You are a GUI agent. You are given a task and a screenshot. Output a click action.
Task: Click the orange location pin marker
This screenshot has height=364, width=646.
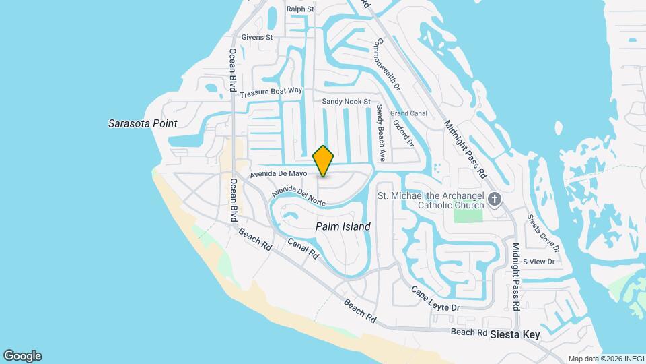point(324,160)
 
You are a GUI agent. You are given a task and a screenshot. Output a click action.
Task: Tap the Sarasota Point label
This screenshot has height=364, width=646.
point(143,123)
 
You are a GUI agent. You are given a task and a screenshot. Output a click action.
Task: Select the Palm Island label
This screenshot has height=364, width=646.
point(343,227)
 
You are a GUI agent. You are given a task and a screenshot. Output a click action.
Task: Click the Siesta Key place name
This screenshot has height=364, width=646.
point(515,334)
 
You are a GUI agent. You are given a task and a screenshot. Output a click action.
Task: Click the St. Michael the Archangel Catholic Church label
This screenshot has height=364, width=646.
point(431,200)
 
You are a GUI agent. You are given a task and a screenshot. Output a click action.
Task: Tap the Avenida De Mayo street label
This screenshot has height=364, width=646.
point(283,174)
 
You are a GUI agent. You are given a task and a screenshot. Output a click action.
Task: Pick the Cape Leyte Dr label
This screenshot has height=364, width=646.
point(435,298)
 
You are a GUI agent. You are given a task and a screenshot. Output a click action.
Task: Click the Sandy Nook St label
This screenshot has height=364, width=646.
point(346,102)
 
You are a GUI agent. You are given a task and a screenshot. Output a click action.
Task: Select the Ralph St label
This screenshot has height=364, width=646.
point(300,9)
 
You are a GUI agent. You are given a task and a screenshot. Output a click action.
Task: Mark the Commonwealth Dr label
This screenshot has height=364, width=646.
point(387,64)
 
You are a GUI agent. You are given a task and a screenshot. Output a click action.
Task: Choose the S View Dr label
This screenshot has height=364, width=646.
point(542,262)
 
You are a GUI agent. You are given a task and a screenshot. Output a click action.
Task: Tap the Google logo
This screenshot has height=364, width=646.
point(22,356)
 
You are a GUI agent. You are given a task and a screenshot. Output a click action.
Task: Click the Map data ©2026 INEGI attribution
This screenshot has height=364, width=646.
point(605,359)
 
